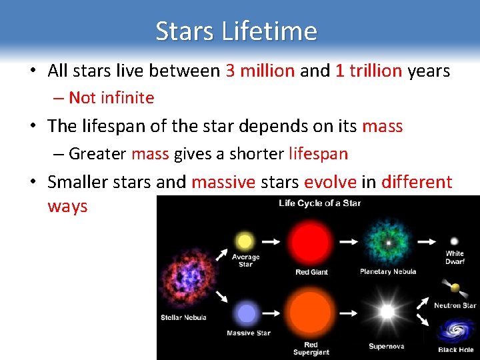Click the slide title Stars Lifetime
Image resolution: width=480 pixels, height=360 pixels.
tap(236, 31)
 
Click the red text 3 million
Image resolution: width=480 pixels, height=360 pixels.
tap(260, 71)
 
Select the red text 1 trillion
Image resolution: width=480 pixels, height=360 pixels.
tap(369, 71)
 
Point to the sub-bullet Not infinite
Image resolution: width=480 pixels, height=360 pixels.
tap(111, 98)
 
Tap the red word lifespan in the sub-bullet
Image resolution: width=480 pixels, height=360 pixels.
tap(318, 154)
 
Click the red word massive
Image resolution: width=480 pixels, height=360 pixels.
tap(223, 182)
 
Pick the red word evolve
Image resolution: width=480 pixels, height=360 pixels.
tap(330, 182)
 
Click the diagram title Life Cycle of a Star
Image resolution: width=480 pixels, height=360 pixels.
tap(320, 203)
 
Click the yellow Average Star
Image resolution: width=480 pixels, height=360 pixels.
tap(245, 241)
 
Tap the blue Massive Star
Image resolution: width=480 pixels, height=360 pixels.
tap(247, 313)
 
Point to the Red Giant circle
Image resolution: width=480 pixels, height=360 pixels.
tap(311, 241)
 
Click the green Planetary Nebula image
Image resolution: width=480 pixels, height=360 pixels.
tap(387, 241)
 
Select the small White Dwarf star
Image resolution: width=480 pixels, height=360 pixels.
tap(455, 241)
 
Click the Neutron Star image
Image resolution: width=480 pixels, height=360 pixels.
tap(455, 289)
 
